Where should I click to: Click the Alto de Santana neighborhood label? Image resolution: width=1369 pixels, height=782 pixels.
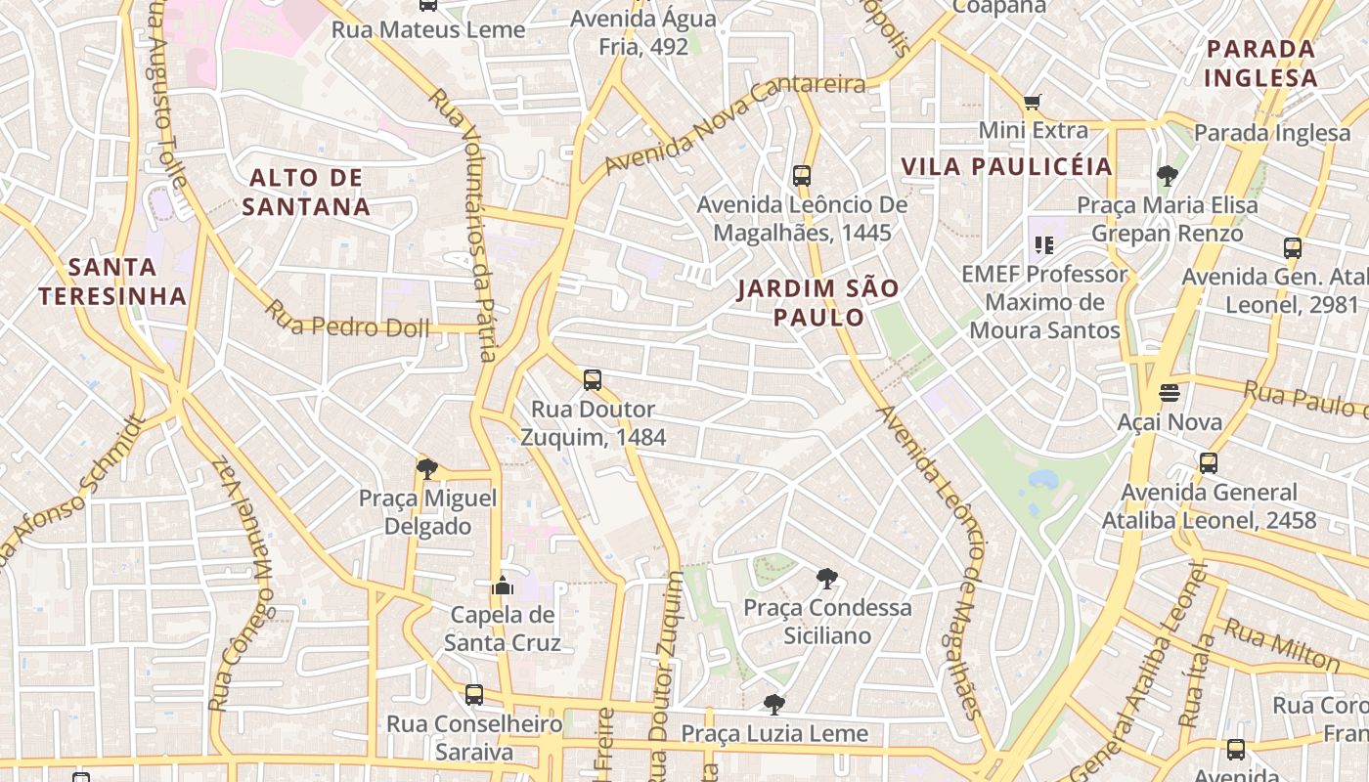click(x=306, y=193)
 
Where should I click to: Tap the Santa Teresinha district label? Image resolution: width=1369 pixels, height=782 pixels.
click(x=112, y=282)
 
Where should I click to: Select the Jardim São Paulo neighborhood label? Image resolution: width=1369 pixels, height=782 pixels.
click(x=818, y=303)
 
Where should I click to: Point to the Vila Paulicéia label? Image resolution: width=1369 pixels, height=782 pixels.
click(x=1007, y=167)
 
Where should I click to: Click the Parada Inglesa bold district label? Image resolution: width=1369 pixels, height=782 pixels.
click(x=1260, y=64)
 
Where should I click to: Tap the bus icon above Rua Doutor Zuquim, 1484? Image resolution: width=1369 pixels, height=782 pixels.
click(x=592, y=380)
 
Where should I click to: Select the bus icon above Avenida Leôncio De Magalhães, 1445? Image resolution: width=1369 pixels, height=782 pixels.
click(x=802, y=176)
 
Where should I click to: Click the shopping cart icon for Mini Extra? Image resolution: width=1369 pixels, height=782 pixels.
click(x=1032, y=102)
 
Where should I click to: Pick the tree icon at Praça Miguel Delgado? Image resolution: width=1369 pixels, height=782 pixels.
click(x=426, y=469)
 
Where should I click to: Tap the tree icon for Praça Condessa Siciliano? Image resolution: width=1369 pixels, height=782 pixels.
click(x=826, y=579)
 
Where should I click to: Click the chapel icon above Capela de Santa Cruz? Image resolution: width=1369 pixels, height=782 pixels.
click(x=503, y=586)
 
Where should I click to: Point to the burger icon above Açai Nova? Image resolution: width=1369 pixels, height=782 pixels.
click(x=1170, y=393)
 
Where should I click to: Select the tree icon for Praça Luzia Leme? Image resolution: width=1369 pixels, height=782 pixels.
click(x=773, y=705)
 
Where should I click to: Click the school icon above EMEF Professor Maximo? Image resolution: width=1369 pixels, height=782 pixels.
click(x=1043, y=245)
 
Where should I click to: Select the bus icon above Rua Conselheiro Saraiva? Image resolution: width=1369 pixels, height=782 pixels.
click(x=474, y=695)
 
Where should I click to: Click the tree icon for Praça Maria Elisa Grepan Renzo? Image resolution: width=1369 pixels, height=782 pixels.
click(x=1167, y=177)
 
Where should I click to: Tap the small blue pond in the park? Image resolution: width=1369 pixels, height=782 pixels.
click(x=1042, y=479)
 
